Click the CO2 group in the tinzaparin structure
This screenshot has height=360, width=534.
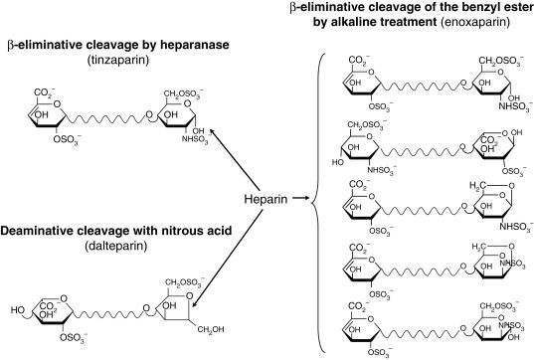(43, 93)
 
